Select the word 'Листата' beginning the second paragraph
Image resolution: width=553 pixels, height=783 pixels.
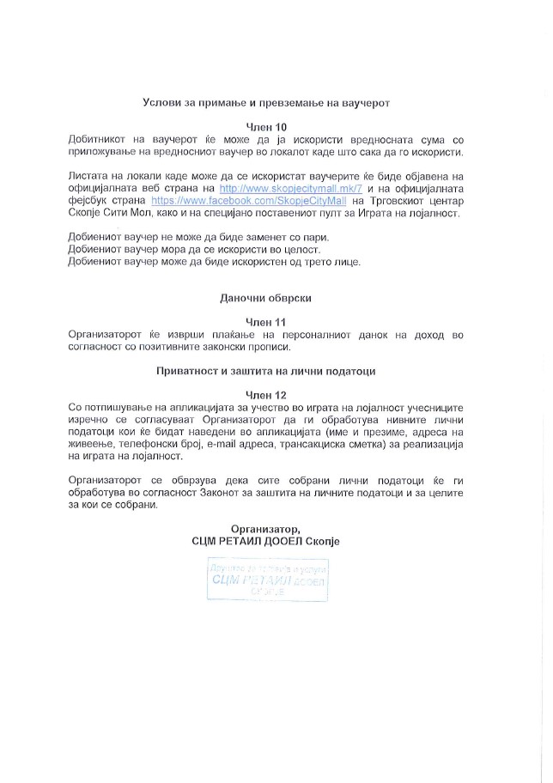pyautogui.click(x=88, y=175)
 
